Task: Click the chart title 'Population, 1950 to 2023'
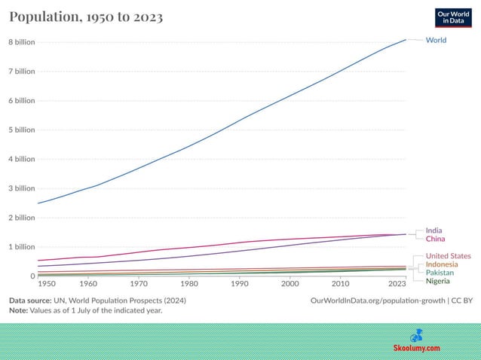coord(86,17)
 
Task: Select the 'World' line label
coord(436,39)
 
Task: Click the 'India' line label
coord(434,230)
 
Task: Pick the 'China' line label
coord(435,239)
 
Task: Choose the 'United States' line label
coord(448,256)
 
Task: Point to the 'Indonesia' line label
coord(442,264)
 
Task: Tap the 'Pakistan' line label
coord(440,273)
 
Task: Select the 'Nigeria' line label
coord(438,281)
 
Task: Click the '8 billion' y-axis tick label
coord(22,42)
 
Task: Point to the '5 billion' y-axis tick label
coord(22,130)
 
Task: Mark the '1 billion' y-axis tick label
coord(22,247)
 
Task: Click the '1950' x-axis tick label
coord(47,284)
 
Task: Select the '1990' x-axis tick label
coord(240,284)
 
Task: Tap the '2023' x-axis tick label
coord(397,284)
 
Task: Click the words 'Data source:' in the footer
coord(33,301)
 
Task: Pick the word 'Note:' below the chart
coord(20,310)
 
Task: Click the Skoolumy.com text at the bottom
coord(417,348)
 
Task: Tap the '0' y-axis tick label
coord(32,276)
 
